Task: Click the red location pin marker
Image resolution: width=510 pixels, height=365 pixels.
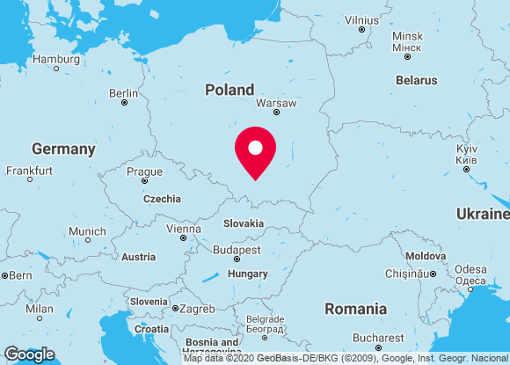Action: pyautogui.click(x=255, y=151)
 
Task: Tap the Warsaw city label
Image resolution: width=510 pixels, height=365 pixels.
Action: pyautogui.click(x=276, y=102)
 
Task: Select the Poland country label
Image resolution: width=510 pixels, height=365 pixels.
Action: pyautogui.click(x=229, y=90)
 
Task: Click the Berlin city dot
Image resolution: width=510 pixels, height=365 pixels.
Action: pyautogui.click(x=124, y=103)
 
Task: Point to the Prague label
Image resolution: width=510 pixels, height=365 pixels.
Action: pyautogui.click(x=144, y=172)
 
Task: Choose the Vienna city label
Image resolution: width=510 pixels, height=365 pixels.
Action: pyautogui.click(x=183, y=229)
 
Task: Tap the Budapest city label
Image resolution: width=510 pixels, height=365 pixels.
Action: pyautogui.click(x=237, y=250)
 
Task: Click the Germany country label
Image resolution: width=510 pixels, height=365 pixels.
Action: pyautogui.click(x=63, y=149)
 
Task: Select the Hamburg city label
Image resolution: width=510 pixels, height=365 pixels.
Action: pyautogui.click(x=55, y=59)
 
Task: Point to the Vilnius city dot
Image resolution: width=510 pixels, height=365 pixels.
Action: pyautogui.click(x=361, y=29)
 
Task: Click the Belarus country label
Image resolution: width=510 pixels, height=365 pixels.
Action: pyautogui.click(x=416, y=80)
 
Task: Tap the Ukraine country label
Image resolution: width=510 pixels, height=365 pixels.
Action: pyautogui.click(x=483, y=214)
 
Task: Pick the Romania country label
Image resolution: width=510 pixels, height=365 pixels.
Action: pyautogui.click(x=355, y=309)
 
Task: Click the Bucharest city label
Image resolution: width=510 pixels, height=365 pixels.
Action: pyautogui.click(x=378, y=338)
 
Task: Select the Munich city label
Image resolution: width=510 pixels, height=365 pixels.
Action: pyautogui.click(x=87, y=231)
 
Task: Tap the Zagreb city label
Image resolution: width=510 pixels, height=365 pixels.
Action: pyautogui.click(x=198, y=309)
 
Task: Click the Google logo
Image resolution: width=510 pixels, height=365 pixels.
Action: pyautogui.click(x=29, y=354)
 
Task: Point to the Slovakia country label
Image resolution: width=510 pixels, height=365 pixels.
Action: pyautogui.click(x=243, y=223)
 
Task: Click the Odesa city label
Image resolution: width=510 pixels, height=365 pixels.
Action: pyautogui.click(x=470, y=269)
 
